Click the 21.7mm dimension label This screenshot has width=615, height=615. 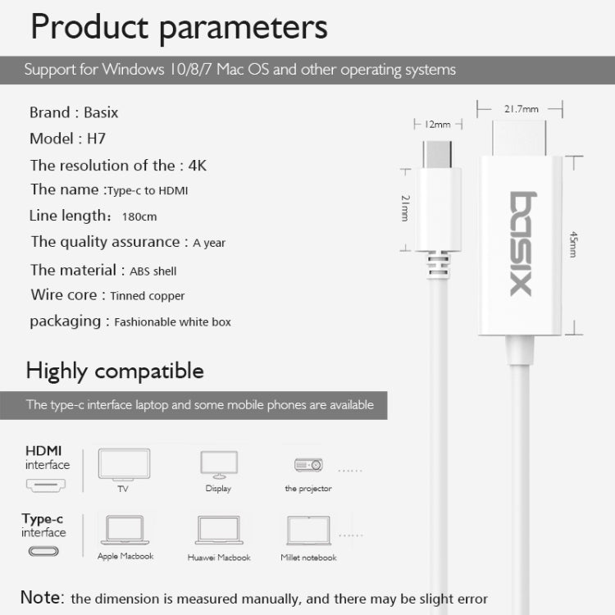(x=520, y=108)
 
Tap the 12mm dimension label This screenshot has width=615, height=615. (x=437, y=125)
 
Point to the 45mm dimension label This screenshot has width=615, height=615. (x=573, y=245)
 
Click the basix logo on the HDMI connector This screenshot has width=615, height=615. (x=520, y=244)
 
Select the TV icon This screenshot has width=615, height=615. (x=124, y=464)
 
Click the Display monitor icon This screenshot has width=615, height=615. (x=219, y=464)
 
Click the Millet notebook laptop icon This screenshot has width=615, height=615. (x=309, y=531)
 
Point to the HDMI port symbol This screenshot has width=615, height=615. (x=47, y=486)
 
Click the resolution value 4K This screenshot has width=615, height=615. (x=197, y=165)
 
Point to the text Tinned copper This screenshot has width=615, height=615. (x=148, y=296)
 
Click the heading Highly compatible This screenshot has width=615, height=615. (x=115, y=371)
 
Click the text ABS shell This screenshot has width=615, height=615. (x=153, y=271)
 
